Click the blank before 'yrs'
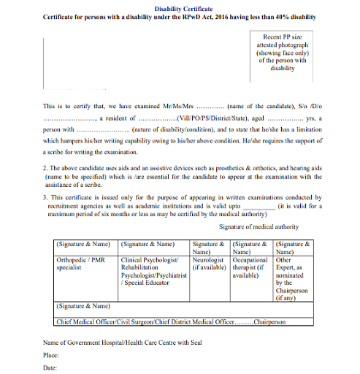click(x=285, y=118)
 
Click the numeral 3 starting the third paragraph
click(x=45, y=198)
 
